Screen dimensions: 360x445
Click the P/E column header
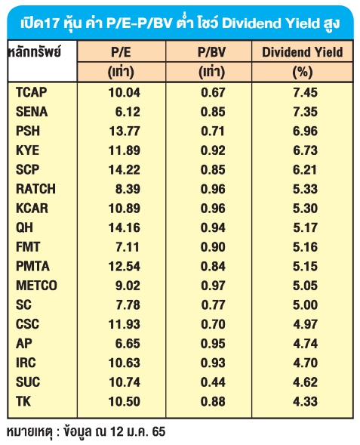click(x=121, y=52)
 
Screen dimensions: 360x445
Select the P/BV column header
click(x=211, y=52)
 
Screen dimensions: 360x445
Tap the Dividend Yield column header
click(x=302, y=52)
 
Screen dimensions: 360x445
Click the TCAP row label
click(x=32, y=92)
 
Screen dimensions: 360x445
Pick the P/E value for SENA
click(x=128, y=112)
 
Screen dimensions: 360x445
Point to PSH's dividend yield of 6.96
click(x=306, y=131)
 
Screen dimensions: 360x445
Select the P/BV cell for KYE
click(x=213, y=150)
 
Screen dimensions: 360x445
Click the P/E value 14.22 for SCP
click(x=125, y=169)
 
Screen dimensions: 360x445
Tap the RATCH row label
click(x=35, y=189)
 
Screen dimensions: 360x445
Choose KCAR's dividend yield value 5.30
click(x=306, y=208)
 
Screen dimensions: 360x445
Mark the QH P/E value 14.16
click(x=125, y=227)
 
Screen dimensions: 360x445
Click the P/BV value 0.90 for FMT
click(x=213, y=246)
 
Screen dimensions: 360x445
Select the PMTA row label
click(x=33, y=266)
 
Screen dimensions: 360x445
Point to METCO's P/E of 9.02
click(x=128, y=286)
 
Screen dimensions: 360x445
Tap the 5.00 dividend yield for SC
click(x=306, y=304)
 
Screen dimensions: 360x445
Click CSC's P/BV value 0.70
click(x=213, y=324)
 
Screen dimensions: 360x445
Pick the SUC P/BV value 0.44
click(x=213, y=382)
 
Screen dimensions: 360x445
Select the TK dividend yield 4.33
click(x=306, y=401)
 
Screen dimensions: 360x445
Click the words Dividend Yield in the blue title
click(x=270, y=23)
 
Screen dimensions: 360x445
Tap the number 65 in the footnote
click(x=158, y=431)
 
